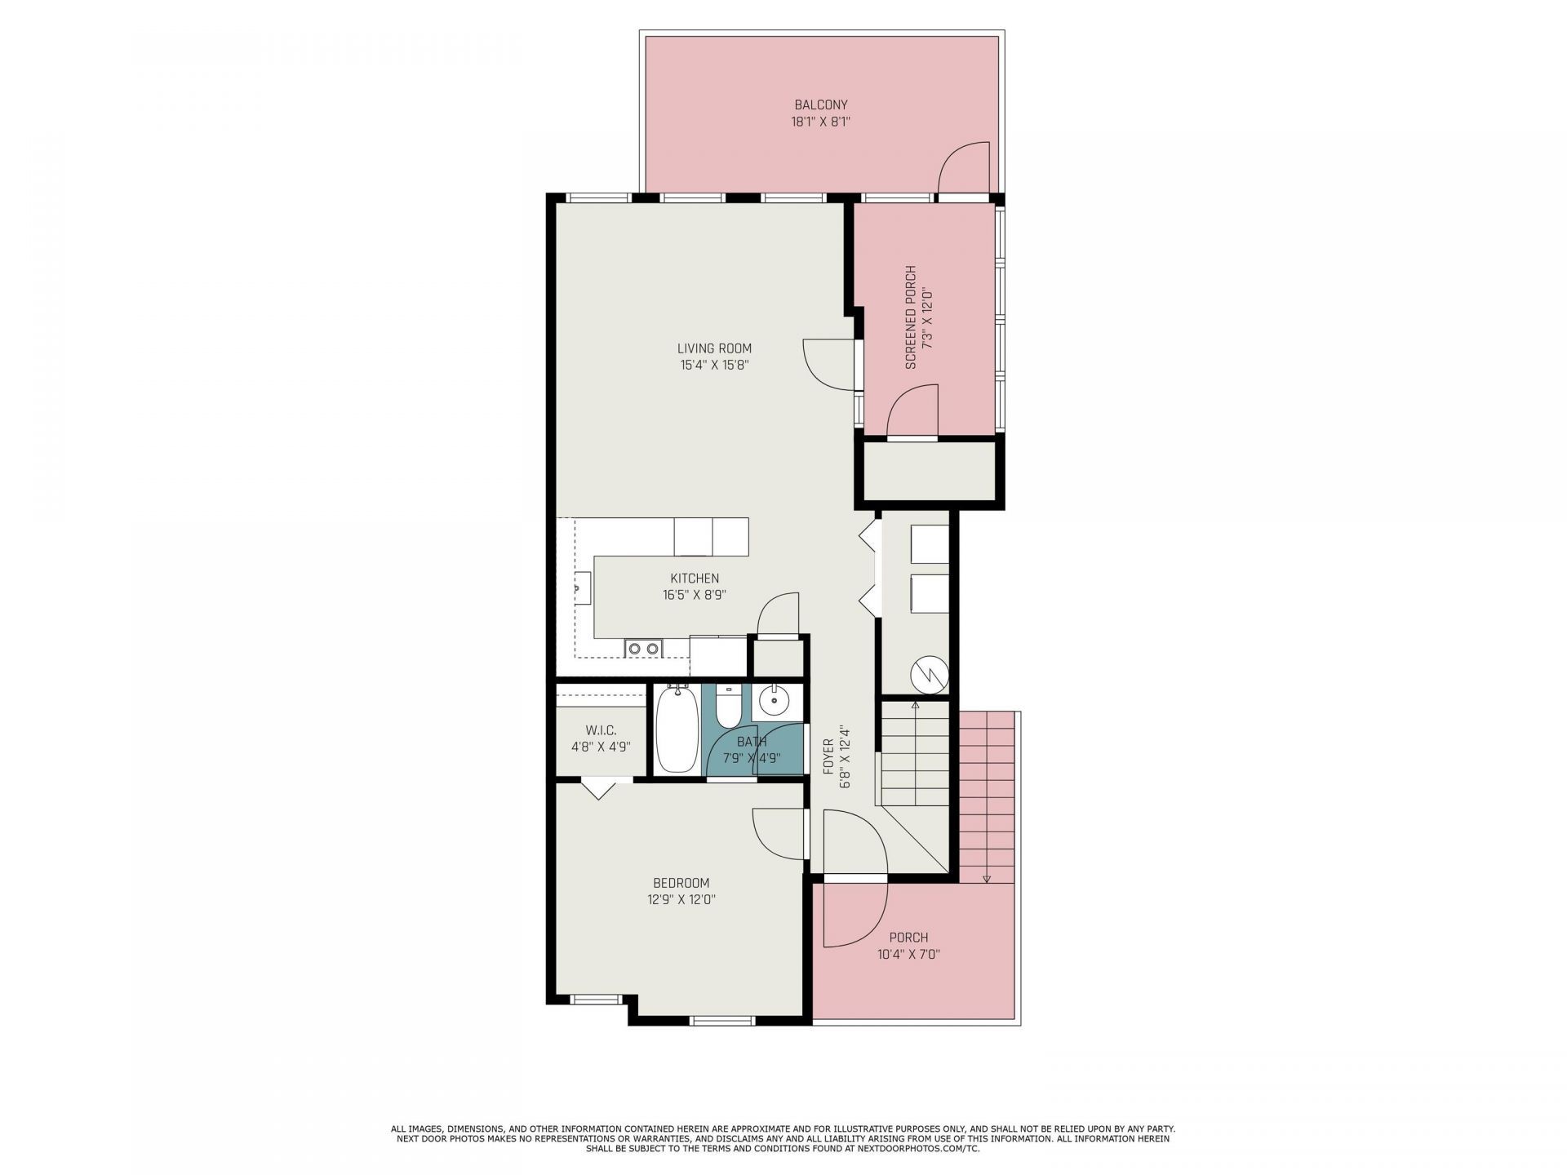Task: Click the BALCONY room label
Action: tap(821, 104)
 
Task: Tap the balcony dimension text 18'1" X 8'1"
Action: tap(821, 122)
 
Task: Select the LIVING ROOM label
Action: tap(714, 348)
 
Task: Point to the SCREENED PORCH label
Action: tap(911, 317)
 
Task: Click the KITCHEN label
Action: tap(695, 579)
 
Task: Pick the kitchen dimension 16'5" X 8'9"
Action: tap(695, 596)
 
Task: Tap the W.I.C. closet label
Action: tap(601, 729)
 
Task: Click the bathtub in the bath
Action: tap(677, 728)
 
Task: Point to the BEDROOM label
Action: tap(681, 883)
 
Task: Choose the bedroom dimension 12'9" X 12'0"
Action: tap(681, 900)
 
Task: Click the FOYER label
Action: tap(828, 756)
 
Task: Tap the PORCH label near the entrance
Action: tap(908, 938)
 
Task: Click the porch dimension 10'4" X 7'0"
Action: tap(908, 954)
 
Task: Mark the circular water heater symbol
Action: tap(929, 675)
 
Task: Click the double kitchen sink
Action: tap(643, 648)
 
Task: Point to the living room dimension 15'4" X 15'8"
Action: tap(714, 366)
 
